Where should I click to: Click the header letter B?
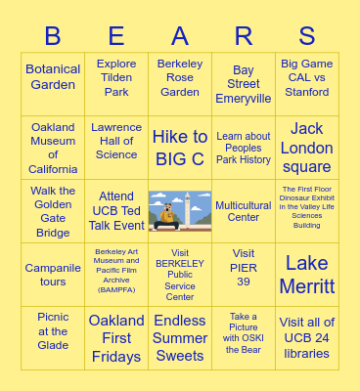tap(53, 36)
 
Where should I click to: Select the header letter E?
tap(116, 36)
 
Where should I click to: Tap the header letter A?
tap(180, 36)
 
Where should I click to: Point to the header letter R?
tap(244, 36)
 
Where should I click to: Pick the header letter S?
tap(307, 36)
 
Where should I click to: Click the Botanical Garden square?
tap(53, 77)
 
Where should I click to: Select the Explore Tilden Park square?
tap(116, 78)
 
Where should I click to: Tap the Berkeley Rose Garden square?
tap(180, 78)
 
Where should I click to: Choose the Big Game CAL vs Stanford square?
tap(307, 78)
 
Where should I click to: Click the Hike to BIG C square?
tap(180, 148)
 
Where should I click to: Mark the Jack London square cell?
tap(307, 148)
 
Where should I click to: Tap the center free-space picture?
tap(180, 211)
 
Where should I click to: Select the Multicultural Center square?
tap(244, 211)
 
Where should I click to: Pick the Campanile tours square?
tap(53, 275)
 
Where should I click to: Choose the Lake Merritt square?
tap(307, 275)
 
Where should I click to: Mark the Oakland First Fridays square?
tap(116, 338)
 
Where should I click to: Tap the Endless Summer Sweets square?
tap(180, 338)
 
